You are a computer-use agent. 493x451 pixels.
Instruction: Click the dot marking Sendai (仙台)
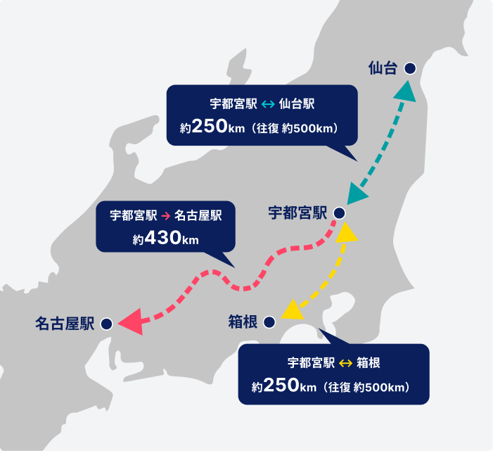click(x=409, y=68)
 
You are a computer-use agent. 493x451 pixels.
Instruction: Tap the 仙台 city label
click(x=383, y=68)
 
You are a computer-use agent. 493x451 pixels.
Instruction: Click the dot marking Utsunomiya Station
click(x=339, y=212)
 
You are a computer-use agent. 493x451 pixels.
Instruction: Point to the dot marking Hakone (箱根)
click(x=269, y=322)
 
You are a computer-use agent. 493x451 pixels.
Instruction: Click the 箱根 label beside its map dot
click(x=243, y=322)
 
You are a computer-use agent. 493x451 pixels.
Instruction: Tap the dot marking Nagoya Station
click(x=106, y=324)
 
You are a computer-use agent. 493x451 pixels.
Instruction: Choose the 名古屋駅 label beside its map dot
click(x=65, y=324)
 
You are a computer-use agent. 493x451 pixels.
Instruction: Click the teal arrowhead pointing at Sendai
click(x=406, y=90)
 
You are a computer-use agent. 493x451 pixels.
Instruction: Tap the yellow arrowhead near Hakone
click(x=292, y=308)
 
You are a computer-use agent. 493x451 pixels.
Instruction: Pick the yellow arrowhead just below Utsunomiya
click(x=347, y=232)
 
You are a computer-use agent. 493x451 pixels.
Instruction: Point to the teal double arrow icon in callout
click(x=267, y=104)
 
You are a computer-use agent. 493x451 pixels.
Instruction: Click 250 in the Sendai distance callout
click(x=209, y=127)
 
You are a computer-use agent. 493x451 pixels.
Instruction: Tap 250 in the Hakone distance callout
click(x=281, y=386)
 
